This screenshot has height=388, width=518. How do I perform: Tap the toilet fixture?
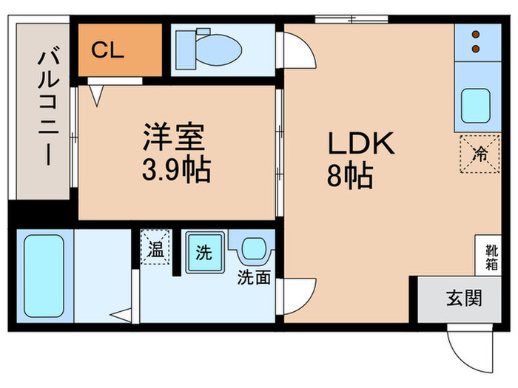click(214, 50)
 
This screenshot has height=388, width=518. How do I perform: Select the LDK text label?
click(358, 143)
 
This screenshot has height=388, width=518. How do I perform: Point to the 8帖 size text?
click(348, 177)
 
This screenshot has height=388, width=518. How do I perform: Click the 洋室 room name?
click(176, 137)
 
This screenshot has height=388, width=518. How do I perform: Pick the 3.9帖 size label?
click(176, 171)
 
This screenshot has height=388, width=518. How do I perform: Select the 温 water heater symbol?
click(157, 248)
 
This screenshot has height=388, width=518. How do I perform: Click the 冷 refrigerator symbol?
click(480, 154)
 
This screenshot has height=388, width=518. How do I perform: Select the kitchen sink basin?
click(474, 105)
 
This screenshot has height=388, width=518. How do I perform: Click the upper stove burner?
click(474, 34)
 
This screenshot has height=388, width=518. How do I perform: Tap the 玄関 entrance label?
click(464, 299)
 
